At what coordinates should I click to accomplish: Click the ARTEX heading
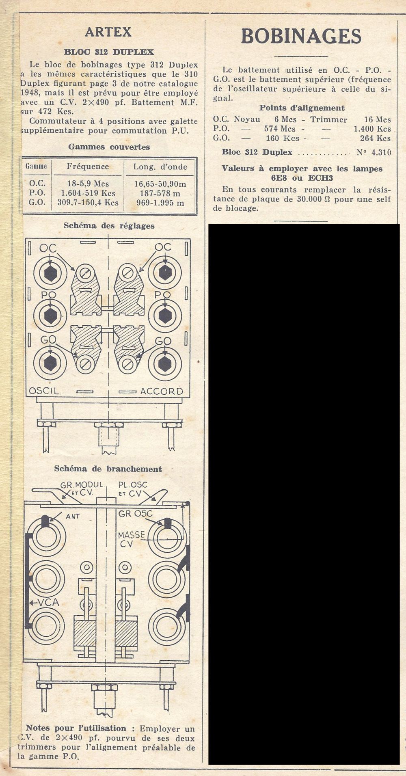coord(108,32)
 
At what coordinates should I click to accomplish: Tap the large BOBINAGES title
coord(301,37)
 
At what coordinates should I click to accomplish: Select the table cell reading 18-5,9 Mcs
coord(88,184)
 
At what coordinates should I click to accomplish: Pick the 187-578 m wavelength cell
coord(160,193)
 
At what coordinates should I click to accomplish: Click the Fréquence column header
coord(88,166)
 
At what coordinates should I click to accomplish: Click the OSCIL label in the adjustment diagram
coord(44,391)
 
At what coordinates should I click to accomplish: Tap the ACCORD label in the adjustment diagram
coord(162,391)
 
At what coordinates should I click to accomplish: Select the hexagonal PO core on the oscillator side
coord(50,316)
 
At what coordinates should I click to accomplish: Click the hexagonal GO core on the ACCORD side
coord(164,363)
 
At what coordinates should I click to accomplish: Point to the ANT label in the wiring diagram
coord(73,517)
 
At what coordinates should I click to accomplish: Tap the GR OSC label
coord(135,514)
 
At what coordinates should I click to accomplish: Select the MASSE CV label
coord(132,539)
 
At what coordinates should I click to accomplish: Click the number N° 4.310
coord(374,153)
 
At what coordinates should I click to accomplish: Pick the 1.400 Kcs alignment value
coord(372,129)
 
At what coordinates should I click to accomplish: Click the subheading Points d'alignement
coord(302,108)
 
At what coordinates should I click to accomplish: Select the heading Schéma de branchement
coord(108,469)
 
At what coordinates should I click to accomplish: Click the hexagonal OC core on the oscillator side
coord(50,272)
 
